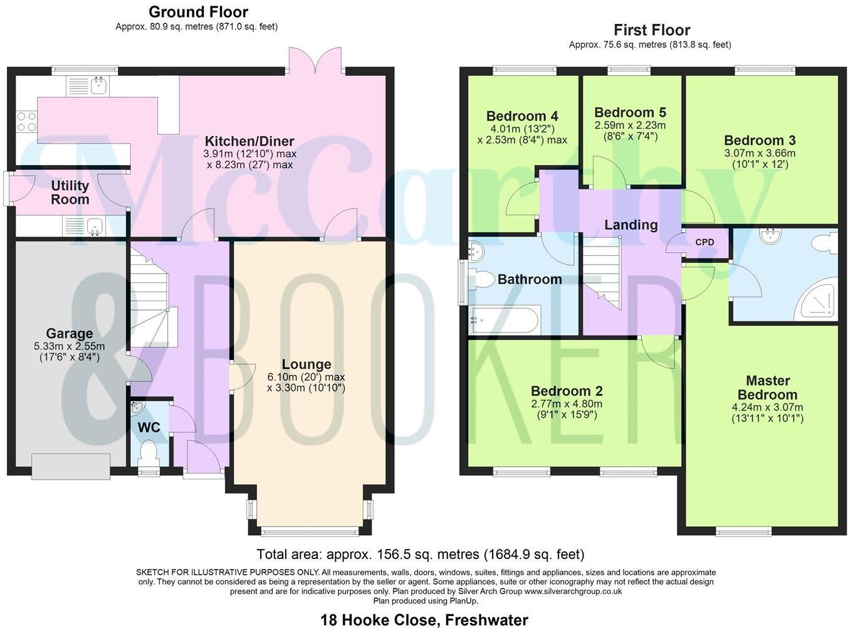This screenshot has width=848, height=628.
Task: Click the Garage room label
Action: point(69,334)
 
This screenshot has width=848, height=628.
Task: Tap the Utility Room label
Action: point(70,193)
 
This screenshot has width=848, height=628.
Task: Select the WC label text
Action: point(149,428)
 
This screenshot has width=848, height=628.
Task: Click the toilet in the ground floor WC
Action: point(149,452)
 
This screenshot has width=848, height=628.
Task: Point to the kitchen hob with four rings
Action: point(26,121)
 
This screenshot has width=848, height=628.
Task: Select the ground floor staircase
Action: point(149,295)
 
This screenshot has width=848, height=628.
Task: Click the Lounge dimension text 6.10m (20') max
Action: point(306,377)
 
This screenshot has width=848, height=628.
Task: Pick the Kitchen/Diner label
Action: point(249,141)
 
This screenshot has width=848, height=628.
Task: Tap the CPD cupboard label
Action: point(704,242)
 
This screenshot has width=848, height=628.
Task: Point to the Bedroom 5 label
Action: point(630,112)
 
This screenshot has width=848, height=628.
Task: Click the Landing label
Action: point(631,225)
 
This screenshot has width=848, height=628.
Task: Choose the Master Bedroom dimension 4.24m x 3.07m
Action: point(767,407)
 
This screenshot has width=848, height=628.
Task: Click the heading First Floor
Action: point(652,30)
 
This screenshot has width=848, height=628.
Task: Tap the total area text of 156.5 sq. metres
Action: point(420,555)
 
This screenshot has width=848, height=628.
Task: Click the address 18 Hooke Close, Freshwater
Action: point(424,620)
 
